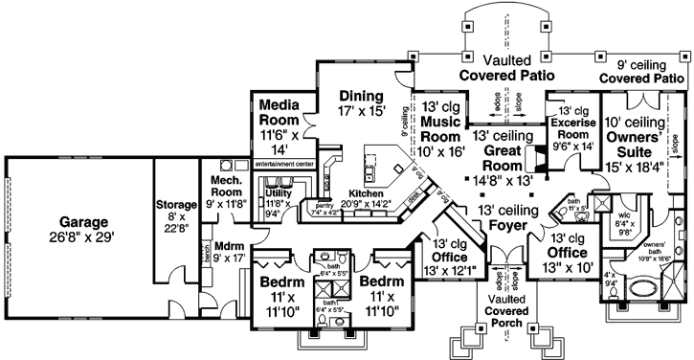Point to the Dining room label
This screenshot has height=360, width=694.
(360, 97)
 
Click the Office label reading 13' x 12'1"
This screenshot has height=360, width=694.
(448, 258)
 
